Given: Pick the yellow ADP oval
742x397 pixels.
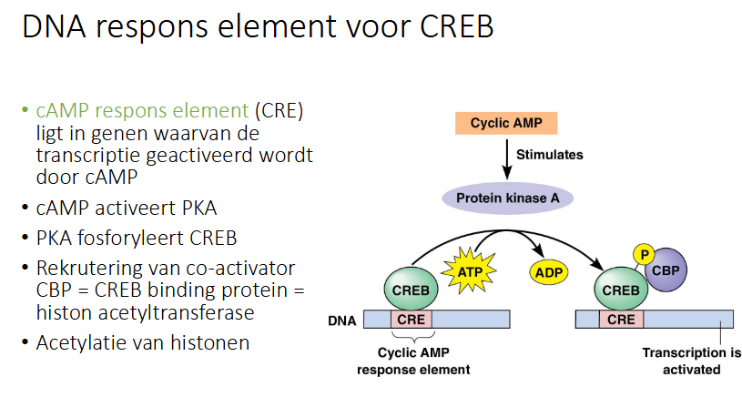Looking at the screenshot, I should pyautogui.click(x=547, y=270).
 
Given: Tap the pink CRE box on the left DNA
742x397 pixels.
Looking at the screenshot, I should pyautogui.click(x=412, y=320).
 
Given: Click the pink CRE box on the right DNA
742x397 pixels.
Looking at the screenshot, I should pyautogui.click(x=621, y=320).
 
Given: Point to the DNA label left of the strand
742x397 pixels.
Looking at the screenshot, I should pyautogui.click(x=341, y=321).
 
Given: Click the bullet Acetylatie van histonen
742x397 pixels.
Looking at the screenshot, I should pyautogui.click(x=143, y=343).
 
